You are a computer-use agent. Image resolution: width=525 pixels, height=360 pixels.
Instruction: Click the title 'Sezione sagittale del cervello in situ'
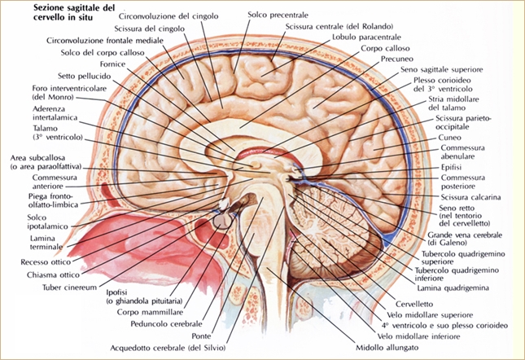click(x=74, y=13)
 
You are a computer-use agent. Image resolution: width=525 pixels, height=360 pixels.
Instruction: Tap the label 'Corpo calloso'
click(x=385, y=49)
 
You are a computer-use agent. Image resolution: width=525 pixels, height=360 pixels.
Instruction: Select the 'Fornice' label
click(x=112, y=64)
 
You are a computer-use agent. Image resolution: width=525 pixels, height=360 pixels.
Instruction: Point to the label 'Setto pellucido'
click(x=84, y=77)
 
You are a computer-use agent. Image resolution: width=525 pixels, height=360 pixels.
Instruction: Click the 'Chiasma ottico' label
click(x=53, y=275)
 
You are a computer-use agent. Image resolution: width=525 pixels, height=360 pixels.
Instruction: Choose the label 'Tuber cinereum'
click(x=69, y=288)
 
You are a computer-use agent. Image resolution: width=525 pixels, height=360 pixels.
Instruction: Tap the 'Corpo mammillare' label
click(x=150, y=313)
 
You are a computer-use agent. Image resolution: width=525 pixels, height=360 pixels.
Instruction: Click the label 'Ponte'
click(x=201, y=336)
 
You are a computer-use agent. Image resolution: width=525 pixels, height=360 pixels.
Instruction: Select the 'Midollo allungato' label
click(x=387, y=348)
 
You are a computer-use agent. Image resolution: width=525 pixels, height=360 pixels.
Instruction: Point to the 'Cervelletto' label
click(x=414, y=304)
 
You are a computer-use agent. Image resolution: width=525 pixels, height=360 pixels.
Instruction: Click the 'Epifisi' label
click(x=451, y=168)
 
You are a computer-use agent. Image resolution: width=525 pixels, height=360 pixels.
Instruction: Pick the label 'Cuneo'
click(x=449, y=138)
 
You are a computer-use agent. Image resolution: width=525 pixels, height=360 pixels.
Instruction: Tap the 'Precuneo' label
click(x=397, y=59)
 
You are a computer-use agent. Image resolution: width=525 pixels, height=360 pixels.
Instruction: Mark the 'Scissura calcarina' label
click(x=470, y=197)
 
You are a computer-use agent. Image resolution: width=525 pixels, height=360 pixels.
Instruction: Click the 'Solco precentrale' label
click(x=278, y=15)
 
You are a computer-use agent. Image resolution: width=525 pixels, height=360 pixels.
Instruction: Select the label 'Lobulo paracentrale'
click(x=366, y=37)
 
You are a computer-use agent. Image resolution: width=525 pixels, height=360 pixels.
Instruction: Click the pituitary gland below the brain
click(x=222, y=220)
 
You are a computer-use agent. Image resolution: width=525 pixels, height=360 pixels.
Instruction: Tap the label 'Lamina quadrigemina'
click(x=453, y=288)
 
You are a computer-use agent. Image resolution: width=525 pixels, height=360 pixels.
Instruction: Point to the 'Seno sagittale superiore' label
click(x=442, y=70)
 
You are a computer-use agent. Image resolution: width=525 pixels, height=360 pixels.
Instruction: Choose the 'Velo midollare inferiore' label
click(x=418, y=336)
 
